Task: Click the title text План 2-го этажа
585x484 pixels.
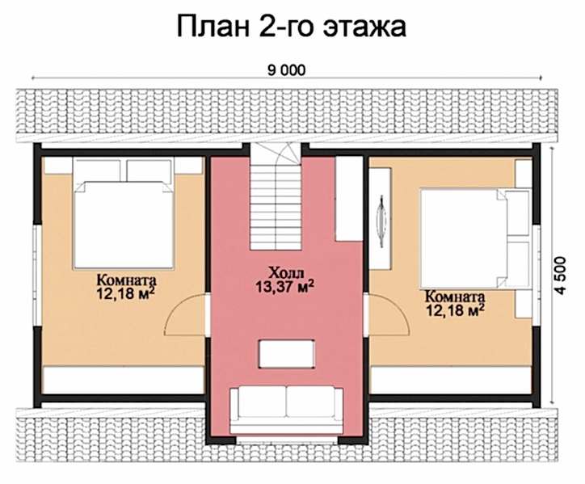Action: pyautogui.click(x=291, y=27)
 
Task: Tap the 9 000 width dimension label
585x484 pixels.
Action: pyautogui.click(x=286, y=70)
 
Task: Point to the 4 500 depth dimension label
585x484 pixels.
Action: pyautogui.click(x=561, y=276)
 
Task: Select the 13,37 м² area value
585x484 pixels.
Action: pyautogui.click(x=284, y=287)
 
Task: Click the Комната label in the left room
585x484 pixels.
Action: pyautogui.click(x=127, y=280)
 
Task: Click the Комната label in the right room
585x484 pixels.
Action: pyautogui.click(x=455, y=297)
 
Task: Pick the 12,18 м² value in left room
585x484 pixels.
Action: pyautogui.click(x=126, y=293)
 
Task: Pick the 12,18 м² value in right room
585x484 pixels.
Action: pyautogui.click(x=455, y=310)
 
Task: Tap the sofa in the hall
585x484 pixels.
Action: pyautogui.click(x=286, y=410)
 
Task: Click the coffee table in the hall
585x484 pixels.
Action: pyautogui.click(x=287, y=353)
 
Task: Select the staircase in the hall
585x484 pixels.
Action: pyautogui.click(x=276, y=196)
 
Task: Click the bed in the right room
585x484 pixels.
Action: pyautogui.click(x=476, y=238)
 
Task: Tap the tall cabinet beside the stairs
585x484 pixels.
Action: pyautogui.click(x=349, y=199)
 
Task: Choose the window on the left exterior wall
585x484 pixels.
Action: pyautogui.click(x=36, y=276)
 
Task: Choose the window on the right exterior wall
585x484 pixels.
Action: pyautogui.click(x=537, y=276)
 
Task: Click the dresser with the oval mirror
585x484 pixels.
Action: pyautogui.click(x=381, y=219)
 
